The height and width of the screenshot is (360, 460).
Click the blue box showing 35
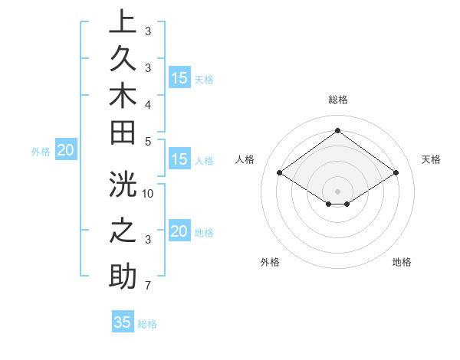(x=123, y=322)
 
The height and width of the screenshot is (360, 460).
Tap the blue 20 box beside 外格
(x=66, y=151)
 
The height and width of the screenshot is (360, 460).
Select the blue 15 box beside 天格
(x=179, y=78)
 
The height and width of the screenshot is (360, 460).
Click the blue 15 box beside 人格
(x=179, y=160)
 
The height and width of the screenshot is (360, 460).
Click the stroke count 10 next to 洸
(x=148, y=192)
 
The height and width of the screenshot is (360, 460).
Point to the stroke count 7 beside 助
(x=148, y=286)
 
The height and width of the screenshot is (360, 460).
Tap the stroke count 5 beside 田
(x=148, y=140)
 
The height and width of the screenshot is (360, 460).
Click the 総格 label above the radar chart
(x=337, y=100)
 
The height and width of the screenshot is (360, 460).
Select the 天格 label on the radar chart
(x=431, y=159)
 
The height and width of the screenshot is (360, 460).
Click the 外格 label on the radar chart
(x=270, y=262)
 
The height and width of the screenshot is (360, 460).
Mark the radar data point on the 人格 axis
(x=280, y=173)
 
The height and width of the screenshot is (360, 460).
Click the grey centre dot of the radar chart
(x=337, y=191)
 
